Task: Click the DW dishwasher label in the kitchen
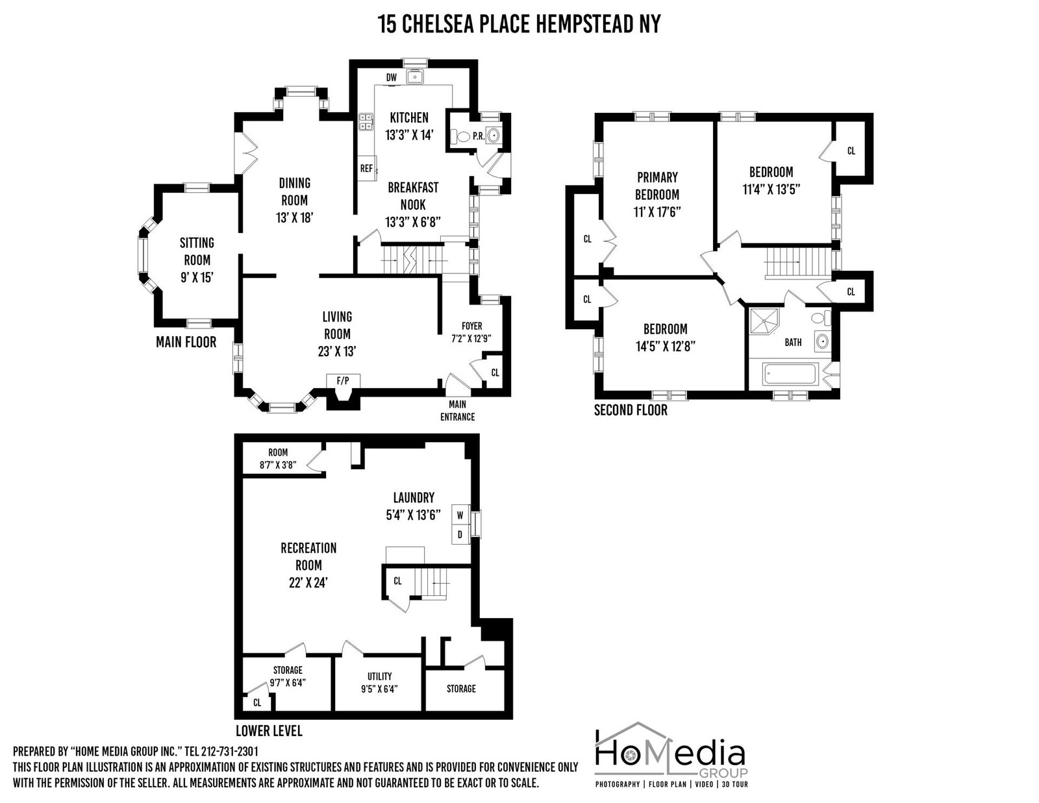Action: pyautogui.click(x=391, y=77)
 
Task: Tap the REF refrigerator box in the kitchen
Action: pyautogui.click(x=367, y=168)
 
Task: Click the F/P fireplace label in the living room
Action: pyautogui.click(x=343, y=380)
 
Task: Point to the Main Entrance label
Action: pyautogui.click(x=458, y=410)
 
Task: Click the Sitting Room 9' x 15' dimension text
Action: pyautogui.click(x=197, y=278)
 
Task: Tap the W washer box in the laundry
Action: pyautogui.click(x=460, y=515)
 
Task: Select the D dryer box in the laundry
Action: pyautogui.click(x=460, y=535)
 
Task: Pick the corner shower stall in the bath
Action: pyautogui.click(x=764, y=322)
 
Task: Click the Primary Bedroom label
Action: pyautogui.click(x=657, y=186)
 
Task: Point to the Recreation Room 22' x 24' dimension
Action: pyautogui.click(x=308, y=583)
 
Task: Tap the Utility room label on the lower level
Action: pyautogui.click(x=380, y=676)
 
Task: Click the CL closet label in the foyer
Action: pyautogui.click(x=495, y=373)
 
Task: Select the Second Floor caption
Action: pyautogui.click(x=631, y=410)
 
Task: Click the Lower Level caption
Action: pyautogui.click(x=269, y=731)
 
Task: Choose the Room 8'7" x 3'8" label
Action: pyautogui.click(x=279, y=458)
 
